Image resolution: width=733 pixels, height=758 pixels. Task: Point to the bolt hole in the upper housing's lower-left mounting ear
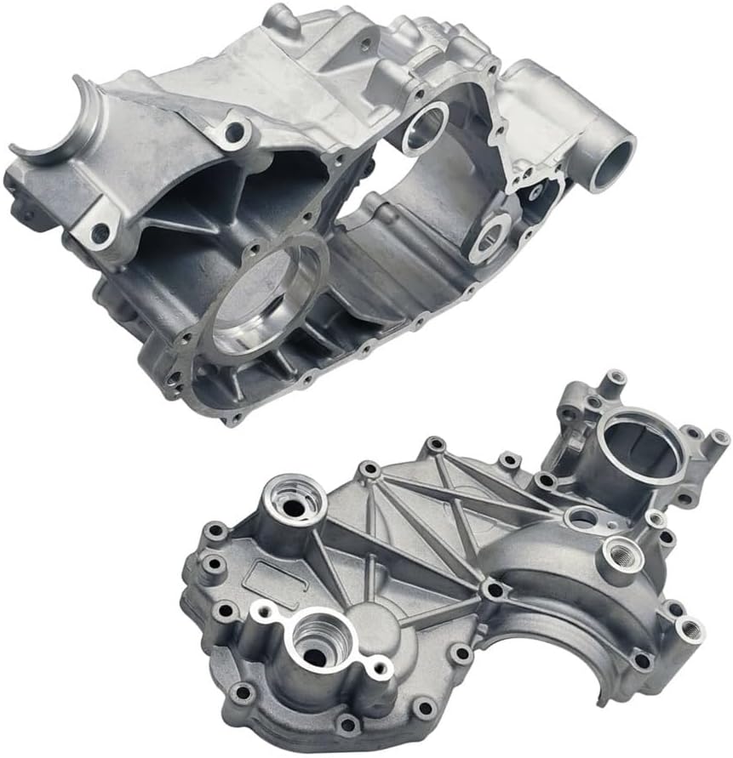coord(100,231)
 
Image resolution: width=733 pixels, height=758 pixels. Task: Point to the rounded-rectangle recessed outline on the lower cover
coord(271,578)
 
